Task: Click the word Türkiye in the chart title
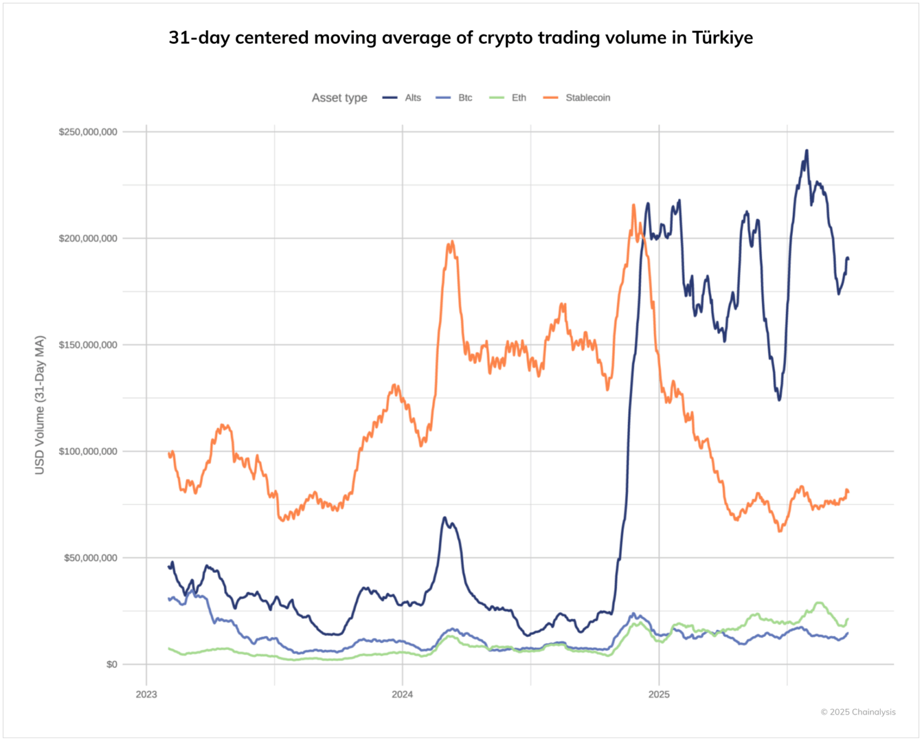(x=722, y=38)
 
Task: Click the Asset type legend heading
(x=339, y=98)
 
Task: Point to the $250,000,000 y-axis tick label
(x=88, y=132)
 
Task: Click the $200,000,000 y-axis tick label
(x=88, y=238)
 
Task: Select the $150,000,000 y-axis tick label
(x=88, y=345)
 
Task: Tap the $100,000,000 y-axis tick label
(x=88, y=451)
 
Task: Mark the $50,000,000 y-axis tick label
(x=90, y=558)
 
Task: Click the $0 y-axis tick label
(x=111, y=664)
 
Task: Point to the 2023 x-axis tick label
(x=146, y=695)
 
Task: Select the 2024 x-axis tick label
(x=403, y=695)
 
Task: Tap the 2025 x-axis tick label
(x=659, y=695)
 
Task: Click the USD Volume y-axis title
(x=40, y=404)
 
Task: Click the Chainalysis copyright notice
(x=858, y=712)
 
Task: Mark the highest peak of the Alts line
(x=806, y=151)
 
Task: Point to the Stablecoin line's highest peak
(x=634, y=205)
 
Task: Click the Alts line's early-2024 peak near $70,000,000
(x=444, y=518)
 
